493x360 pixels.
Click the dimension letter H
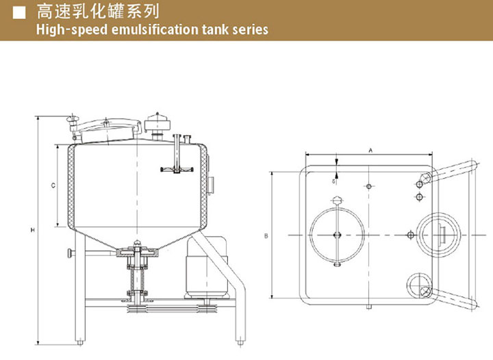pyautogui.click(x=32, y=229)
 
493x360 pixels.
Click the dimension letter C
pyautogui.click(x=53, y=185)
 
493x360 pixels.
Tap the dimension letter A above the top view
pyautogui.click(x=370, y=149)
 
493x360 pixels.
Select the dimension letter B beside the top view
pyautogui.click(x=266, y=236)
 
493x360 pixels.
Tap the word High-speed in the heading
pyautogui.click(x=66, y=29)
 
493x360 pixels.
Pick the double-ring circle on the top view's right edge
pyautogui.click(x=438, y=234)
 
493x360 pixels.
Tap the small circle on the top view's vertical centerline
pyautogui.click(x=370, y=186)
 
